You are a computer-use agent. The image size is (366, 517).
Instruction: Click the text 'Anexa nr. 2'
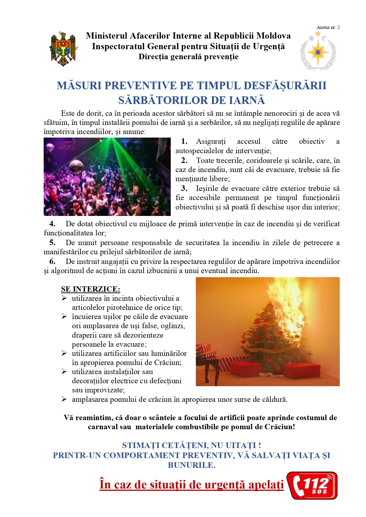pyautogui.click(x=328, y=27)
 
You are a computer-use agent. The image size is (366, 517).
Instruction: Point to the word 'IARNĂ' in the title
pyautogui.click(x=246, y=100)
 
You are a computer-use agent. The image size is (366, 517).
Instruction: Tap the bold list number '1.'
pyautogui.click(x=184, y=141)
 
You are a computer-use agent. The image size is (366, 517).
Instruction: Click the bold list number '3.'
pyautogui.click(x=184, y=188)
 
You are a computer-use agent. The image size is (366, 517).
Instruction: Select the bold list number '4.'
pyautogui.click(x=52, y=224)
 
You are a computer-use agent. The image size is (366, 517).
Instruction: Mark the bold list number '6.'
pyautogui.click(x=52, y=261)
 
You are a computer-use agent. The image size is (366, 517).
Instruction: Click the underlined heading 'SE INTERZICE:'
pyautogui.click(x=91, y=289)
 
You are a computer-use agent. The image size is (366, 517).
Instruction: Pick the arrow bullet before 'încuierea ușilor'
pyautogui.click(x=64, y=316)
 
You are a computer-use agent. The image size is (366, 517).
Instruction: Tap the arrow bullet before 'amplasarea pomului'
pyautogui.click(x=64, y=399)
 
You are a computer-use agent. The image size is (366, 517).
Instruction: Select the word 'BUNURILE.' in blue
pyautogui.click(x=192, y=465)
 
